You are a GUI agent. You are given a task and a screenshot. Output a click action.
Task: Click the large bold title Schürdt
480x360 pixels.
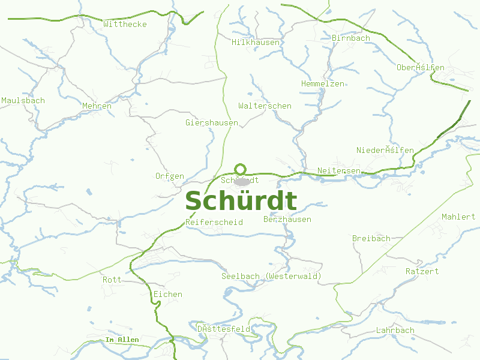[241, 201]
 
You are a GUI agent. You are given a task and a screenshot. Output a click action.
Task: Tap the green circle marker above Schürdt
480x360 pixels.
[241, 169]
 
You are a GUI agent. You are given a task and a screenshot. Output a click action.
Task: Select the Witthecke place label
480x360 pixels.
[125, 24]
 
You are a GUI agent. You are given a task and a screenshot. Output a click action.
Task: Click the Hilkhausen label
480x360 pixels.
[256, 42]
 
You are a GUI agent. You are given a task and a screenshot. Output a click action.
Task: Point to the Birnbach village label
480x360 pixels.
[350, 38]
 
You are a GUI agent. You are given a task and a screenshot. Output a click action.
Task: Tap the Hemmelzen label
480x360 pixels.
[323, 83]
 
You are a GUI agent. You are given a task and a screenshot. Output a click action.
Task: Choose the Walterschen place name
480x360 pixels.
[265, 106]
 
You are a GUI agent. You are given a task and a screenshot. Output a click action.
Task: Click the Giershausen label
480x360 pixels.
[212, 122]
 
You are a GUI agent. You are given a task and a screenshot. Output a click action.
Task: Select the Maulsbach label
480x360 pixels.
[23, 100]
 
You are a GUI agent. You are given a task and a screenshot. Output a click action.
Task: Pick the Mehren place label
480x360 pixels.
[97, 106]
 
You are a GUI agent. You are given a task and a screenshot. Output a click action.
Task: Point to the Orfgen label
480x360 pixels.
[169, 176]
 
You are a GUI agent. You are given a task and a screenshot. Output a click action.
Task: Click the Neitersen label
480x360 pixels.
[339, 171]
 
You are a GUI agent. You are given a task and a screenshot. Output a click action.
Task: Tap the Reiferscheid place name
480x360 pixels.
[214, 222]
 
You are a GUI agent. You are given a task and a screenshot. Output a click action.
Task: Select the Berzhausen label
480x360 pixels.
[287, 220]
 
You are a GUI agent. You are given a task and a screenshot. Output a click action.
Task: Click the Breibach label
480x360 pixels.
[371, 238]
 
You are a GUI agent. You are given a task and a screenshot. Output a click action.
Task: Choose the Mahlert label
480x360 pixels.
[458, 217]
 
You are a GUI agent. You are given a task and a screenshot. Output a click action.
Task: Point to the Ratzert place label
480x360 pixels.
[422, 271]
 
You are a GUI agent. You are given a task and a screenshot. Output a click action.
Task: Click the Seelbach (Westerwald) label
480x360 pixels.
[271, 276]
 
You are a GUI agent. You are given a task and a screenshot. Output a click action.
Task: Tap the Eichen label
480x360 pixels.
[167, 294]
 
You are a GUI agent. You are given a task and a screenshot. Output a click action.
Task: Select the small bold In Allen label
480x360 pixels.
[122, 340]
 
